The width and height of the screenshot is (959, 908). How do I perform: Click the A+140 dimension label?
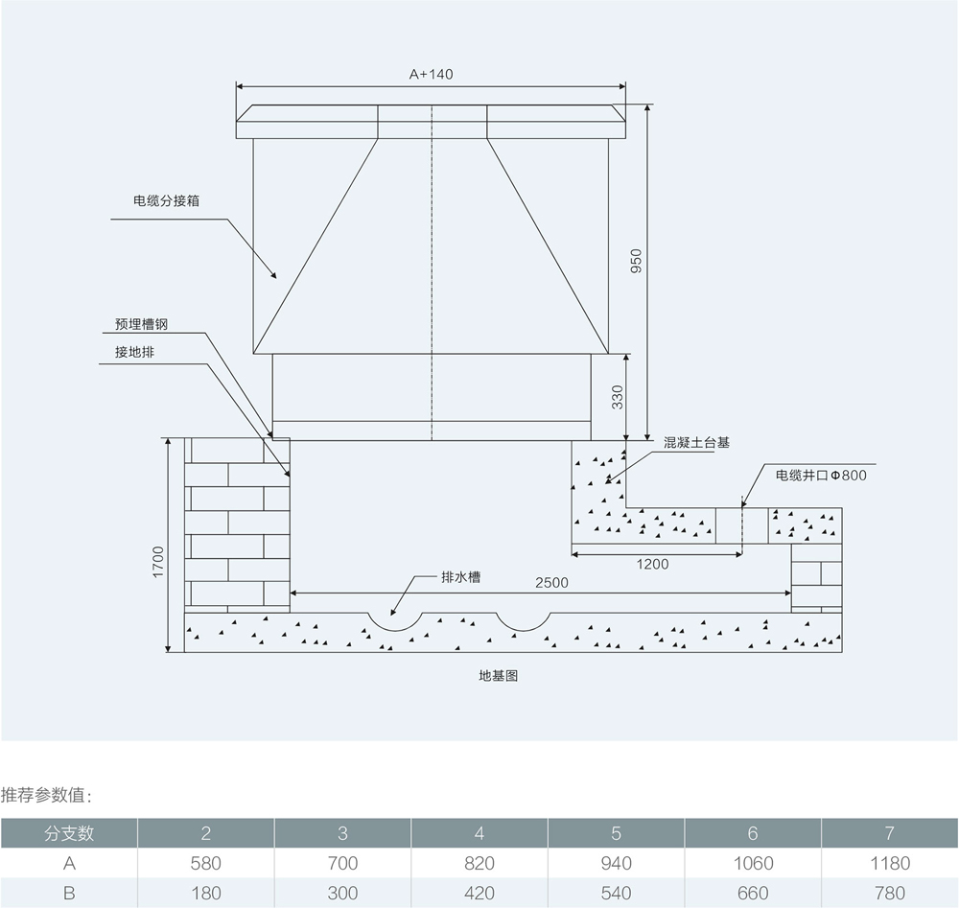[432, 74]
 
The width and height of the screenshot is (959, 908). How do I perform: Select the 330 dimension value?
[618, 396]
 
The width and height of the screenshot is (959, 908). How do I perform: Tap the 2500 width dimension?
[551, 583]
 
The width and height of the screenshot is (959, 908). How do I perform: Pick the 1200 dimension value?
[652, 564]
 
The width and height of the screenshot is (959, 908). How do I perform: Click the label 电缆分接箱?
[166, 202]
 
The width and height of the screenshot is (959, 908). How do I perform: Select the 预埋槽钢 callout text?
[141, 325]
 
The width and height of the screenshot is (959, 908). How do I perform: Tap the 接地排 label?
[134, 352]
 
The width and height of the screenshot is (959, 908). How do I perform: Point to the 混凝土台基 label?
[696, 443]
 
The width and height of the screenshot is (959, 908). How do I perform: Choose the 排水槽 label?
[460, 577]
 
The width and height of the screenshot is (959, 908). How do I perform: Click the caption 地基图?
[499, 675]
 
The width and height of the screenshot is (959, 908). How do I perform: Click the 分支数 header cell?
[69, 832]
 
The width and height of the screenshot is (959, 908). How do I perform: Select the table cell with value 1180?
[889, 863]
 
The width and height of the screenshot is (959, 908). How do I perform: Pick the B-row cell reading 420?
[479, 893]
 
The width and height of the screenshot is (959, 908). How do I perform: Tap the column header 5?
[616, 832]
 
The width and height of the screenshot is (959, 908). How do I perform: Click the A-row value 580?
[206, 863]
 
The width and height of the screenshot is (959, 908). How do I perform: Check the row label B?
[69, 893]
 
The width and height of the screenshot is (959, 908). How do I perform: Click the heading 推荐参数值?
[47, 795]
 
